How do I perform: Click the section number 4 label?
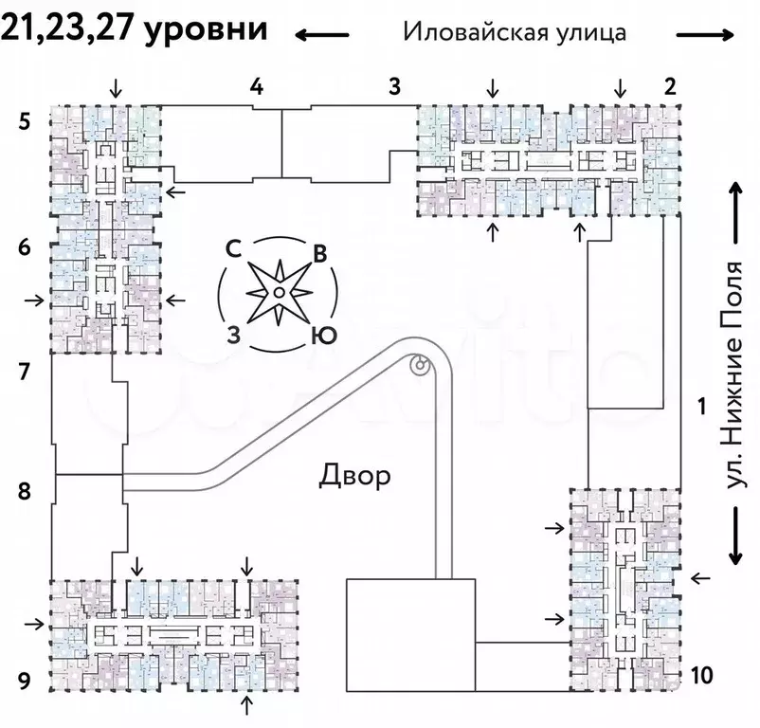(256, 87)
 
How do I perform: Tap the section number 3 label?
(395, 87)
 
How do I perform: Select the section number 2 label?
(670, 87)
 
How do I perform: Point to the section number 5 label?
(25, 120)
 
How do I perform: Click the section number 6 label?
(25, 248)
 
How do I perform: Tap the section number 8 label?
(25, 491)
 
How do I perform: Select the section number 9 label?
(25, 679)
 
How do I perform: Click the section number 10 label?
(701, 675)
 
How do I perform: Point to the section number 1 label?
(701, 408)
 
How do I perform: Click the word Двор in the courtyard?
(353, 475)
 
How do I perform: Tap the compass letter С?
(231, 248)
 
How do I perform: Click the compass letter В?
(321, 253)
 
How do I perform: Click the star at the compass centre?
(277, 293)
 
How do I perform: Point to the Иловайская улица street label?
(515, 31)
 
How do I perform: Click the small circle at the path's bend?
(418, 363)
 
